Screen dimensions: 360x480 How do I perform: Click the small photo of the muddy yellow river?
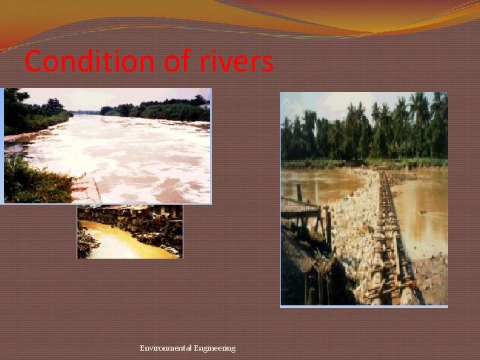point(129,231)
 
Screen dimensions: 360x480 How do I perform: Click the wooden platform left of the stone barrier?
point(300,207)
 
